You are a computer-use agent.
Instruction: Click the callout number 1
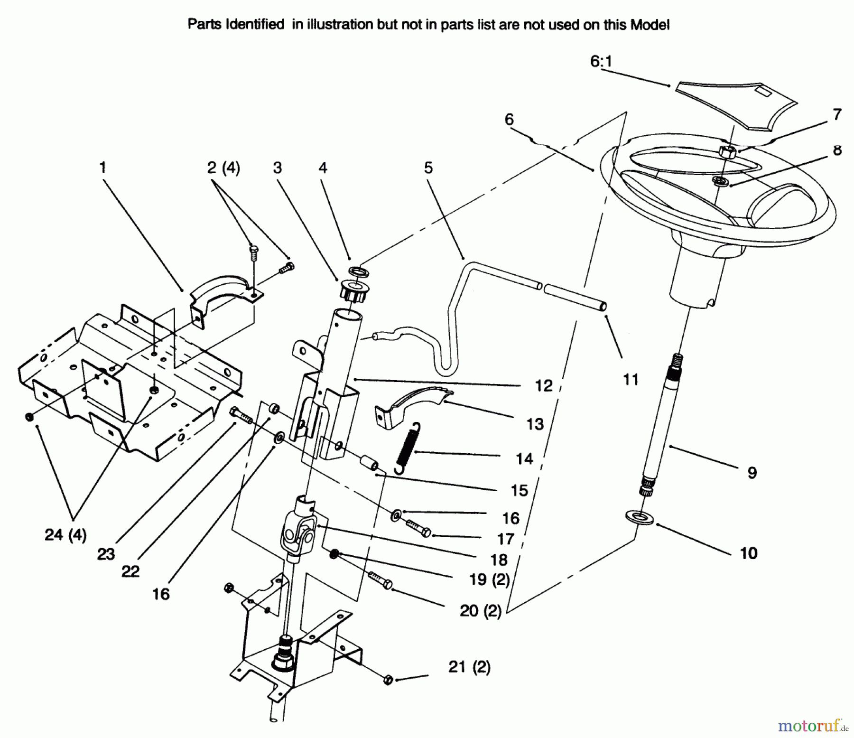click(x=103, y=168)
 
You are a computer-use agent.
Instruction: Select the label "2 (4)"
click(x=224, y=168)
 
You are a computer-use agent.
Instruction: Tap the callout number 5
click(x=428, y=168)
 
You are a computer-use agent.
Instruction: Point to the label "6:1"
click(x=601, y=62)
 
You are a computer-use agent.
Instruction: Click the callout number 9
click(x=752, y=473)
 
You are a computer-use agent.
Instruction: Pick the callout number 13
click(x=535, y=424)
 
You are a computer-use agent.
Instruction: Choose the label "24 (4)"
click(x=65, y=535)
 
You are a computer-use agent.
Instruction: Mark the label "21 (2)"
click(x=469, y=667)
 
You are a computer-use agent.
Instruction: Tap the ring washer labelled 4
click(x=358, y=271)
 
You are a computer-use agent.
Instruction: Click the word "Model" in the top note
click(x=650, y=25)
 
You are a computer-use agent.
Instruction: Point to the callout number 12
click(x=544, y=385)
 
